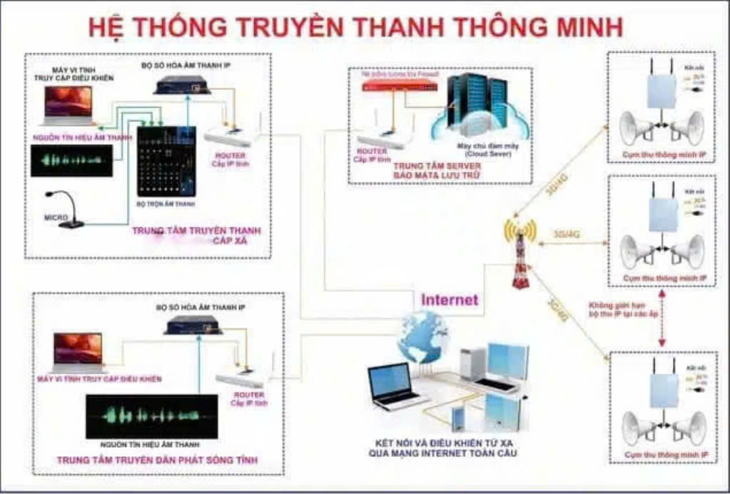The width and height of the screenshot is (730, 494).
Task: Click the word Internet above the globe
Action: click(449, 299)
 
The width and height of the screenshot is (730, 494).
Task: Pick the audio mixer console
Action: click(166, 161)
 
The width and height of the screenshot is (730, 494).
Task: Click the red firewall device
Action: click(399, 86)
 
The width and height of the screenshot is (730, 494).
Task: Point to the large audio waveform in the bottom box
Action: click(151, 415)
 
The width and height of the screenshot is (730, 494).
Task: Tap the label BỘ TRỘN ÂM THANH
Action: click(167, 205)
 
